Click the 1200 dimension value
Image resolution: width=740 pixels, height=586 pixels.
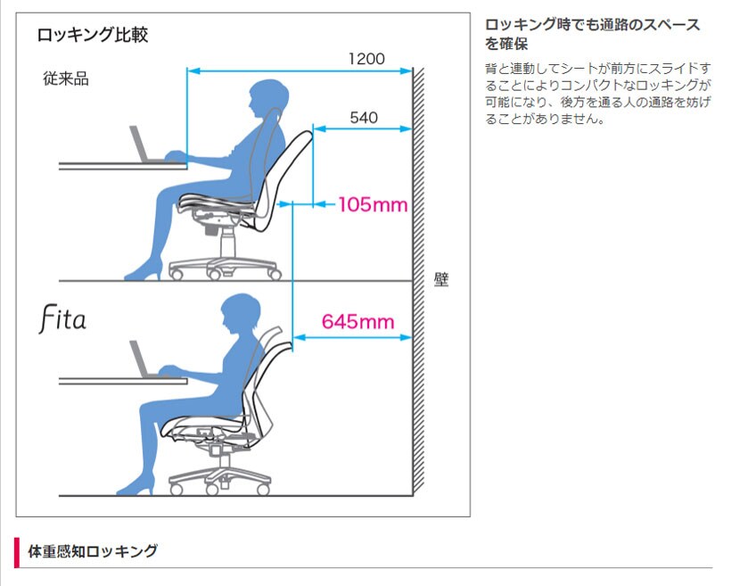[x=366, y=59]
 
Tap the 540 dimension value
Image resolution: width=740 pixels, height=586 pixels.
[x=364, y=118]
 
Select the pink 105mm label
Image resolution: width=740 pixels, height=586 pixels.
[x=373, y=205]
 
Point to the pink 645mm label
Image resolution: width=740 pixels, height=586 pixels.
[x=358, y=322]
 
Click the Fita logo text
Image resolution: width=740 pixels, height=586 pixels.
[x=62, y=318]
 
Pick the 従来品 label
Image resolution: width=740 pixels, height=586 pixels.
[x=66, y=78]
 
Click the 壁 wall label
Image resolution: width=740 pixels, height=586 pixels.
[x=440, y=279]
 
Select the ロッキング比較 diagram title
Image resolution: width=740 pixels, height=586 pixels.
[x=93, y=35]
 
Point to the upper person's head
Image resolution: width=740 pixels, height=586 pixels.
[x=268, y=99]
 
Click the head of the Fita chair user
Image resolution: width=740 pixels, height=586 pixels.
[x=240, y=313]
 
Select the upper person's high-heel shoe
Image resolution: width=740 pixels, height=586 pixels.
[x=144, y=271]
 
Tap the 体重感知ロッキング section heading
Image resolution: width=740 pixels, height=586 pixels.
[x=93, y=551]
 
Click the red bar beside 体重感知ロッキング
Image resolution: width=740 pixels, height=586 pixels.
[x=17, y=552]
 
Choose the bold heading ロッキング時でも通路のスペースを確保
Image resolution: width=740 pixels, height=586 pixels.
[x=592, y=34]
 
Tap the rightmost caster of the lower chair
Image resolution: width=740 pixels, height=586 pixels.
[x=264, y=489]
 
